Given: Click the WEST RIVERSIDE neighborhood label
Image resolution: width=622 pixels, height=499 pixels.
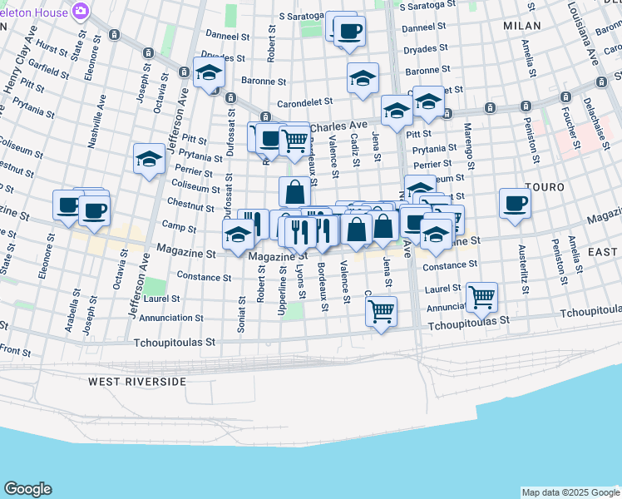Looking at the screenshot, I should tap(137, 381).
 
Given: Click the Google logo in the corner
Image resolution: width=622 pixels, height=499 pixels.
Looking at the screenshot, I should tap(27, 489).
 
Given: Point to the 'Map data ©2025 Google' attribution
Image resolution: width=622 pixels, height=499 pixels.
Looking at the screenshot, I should tap(570, 492).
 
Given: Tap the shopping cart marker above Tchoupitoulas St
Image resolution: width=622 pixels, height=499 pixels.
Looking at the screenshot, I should tap(381, 311).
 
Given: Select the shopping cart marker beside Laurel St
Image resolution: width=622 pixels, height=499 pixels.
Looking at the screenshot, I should tap(481, 294).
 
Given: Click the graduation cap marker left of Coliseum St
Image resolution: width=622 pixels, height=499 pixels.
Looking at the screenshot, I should tap(150, 158).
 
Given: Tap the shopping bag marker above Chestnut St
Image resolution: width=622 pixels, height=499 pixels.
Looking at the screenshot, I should tap(294, 192).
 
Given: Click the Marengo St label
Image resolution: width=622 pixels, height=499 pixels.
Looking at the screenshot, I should tap(468, 146).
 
